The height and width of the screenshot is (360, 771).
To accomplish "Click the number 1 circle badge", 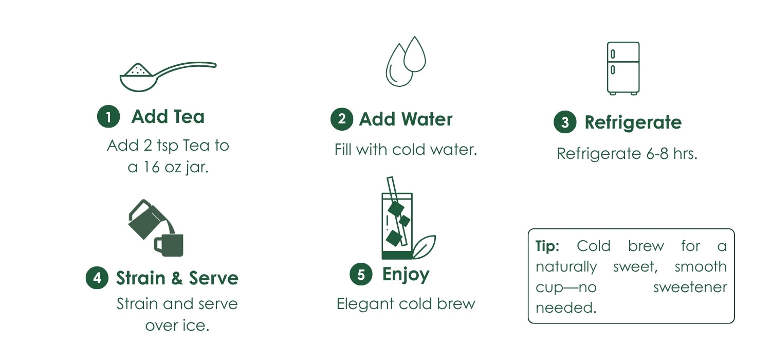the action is click(x=108, y=116).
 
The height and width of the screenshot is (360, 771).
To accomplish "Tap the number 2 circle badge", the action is click(x=342, y=119).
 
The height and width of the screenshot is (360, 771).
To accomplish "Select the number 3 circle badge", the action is click(x=565, y=122).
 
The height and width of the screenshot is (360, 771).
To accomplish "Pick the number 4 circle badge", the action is click(x=97, y=278).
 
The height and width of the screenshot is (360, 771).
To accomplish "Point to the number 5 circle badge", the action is click(x=361, y=274).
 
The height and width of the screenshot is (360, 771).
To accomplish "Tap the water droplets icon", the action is click(x=406, y=61).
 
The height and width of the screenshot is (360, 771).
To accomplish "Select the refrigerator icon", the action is click(x=623, y=68).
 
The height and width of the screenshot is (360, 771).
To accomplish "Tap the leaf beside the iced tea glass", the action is click(x=425, y=247).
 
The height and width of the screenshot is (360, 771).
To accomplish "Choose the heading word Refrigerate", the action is click(x=633, y=123).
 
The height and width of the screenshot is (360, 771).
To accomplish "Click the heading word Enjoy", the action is click(x=406, y=275).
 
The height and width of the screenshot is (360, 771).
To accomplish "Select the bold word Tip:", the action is click(x=547, y=246).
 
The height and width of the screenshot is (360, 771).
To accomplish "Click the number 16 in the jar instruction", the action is click(x=152, y=167).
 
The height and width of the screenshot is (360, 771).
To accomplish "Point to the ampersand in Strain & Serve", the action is click(x=177, y=278).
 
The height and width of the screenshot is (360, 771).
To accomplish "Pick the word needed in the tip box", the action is click(x=566, y=308).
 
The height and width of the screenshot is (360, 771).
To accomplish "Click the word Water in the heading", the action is click(x=427, y=119).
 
